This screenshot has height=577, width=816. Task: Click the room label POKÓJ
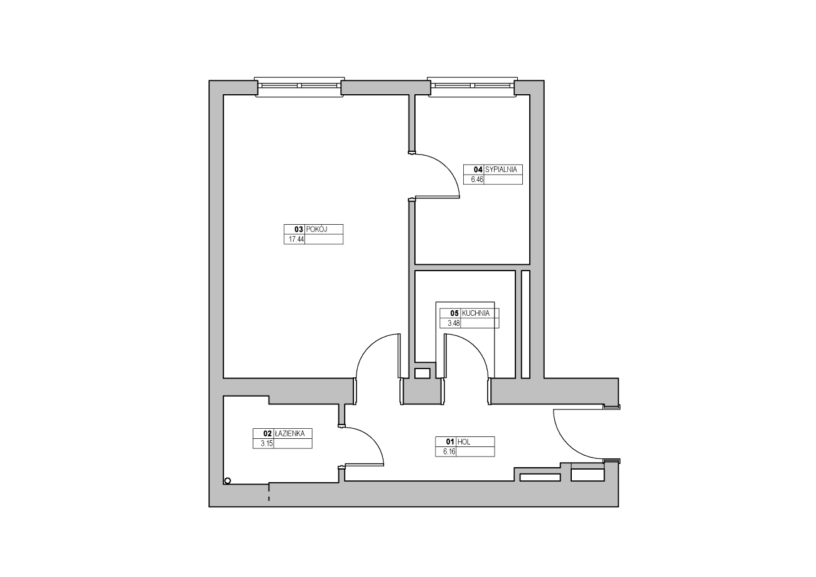click(316, 230)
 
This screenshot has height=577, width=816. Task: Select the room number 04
click(478, 170)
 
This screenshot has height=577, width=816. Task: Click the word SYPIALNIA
click(501, 170)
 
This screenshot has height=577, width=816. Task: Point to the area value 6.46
click(477, 180)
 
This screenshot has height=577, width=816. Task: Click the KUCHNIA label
click(475, 313)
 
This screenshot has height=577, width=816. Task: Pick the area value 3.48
click(454, 323)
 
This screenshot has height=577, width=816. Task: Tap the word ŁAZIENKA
click(289, 433)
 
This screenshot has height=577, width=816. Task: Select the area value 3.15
click(267, 444)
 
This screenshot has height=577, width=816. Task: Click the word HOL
click(464, 442)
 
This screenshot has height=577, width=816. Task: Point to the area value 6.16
click(449, 452)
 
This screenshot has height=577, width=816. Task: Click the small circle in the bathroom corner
click(228, 481)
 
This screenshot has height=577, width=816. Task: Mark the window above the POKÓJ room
click(299, 87)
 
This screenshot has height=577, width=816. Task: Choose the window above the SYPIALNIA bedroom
click(473, 87)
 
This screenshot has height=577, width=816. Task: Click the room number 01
click(450, 442)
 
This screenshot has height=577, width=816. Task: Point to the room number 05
click(454, 313)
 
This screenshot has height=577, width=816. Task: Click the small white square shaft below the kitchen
click(422, 374)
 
